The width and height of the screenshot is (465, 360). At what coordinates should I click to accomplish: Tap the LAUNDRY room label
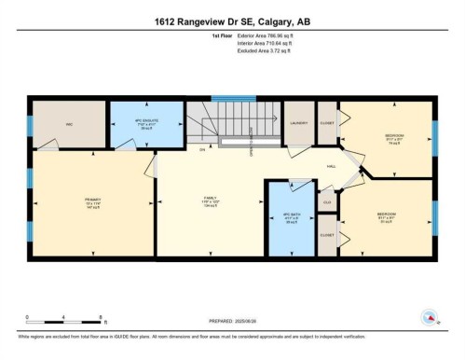point(298,123)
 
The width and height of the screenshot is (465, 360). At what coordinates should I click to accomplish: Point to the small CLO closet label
point(327,201)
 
